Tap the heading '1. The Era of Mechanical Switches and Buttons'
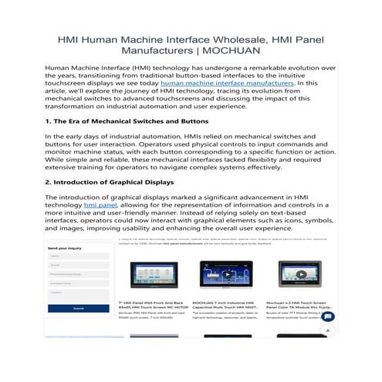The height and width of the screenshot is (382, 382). [x=126, y=121]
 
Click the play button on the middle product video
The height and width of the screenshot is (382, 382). [x=215, y=275]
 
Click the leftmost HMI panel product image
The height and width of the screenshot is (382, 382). [x=153, y=275]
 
